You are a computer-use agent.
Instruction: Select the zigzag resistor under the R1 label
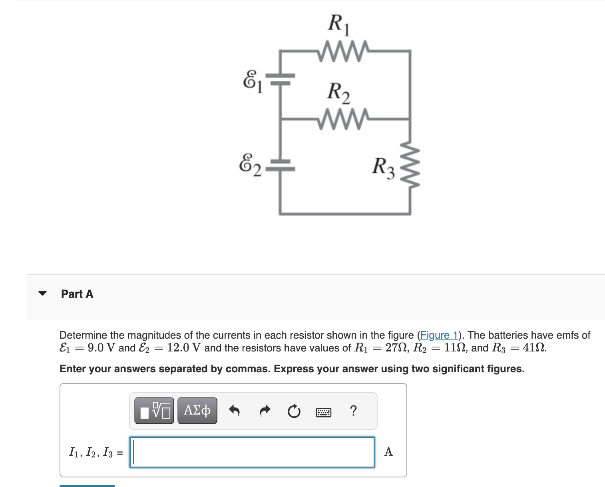(344, 51)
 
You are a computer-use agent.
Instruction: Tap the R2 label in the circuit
(338, 92)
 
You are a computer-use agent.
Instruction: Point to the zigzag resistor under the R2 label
(344, 119)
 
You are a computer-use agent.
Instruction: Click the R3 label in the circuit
(383, 167)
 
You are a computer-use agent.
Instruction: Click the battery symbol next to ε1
(281, 79)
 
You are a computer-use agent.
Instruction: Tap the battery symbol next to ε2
(280, 166)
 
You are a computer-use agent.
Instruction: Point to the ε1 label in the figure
(253, 81)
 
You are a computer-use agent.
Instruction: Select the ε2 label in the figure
(250, 165)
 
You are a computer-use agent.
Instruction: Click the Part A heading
(77, 294)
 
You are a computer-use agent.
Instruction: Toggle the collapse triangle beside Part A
(42, 293)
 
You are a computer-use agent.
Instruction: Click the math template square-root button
(154, 411)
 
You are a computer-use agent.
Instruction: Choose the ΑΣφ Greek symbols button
(197, 411)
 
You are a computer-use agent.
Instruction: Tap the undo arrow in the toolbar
(234, 411)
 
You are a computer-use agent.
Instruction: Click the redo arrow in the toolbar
(265, 411)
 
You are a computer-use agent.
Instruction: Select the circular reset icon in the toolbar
(294, 411)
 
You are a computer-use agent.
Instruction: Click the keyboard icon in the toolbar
(323, 412)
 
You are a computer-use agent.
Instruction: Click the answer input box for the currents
(252, 452)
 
